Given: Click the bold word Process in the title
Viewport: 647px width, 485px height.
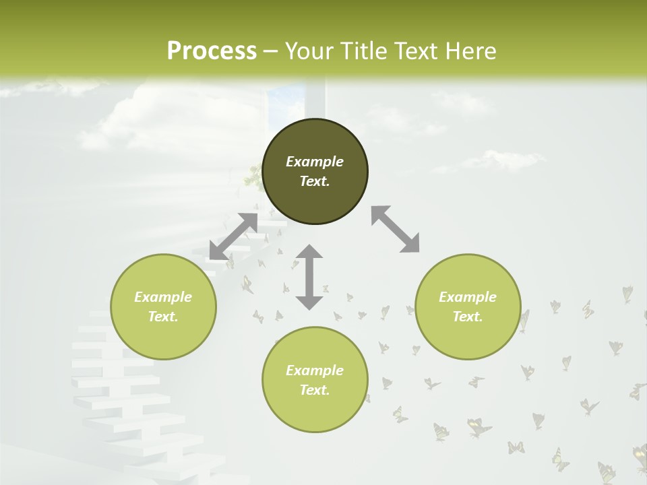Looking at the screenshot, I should coord(212,51).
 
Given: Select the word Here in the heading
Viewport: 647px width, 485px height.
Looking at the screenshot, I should coord(472,51).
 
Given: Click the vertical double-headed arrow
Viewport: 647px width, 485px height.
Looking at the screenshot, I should coord(309,277).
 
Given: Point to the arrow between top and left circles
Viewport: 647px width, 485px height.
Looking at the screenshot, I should coord(233,236).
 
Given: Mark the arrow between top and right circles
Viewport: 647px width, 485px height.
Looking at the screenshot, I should coord(395,229).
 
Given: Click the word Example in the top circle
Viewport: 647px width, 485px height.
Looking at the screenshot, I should coord(315,162).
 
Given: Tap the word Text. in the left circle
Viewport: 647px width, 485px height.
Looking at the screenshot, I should coord(163,317).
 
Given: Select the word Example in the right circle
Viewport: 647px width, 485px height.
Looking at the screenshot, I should coord(468,297).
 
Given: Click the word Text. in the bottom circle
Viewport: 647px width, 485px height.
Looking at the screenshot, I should coord(315,390).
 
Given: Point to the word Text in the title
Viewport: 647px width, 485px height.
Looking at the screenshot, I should coord(417,51).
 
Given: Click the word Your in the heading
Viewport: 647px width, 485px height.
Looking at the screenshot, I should coord(309,51).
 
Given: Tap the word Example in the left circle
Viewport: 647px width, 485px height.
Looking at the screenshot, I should coord(163,297).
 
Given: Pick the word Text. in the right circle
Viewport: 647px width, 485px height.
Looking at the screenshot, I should coord(468,317).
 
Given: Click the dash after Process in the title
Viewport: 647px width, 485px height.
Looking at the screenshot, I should coord(271,51).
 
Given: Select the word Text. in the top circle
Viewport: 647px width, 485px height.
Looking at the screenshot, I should coord(315,181).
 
